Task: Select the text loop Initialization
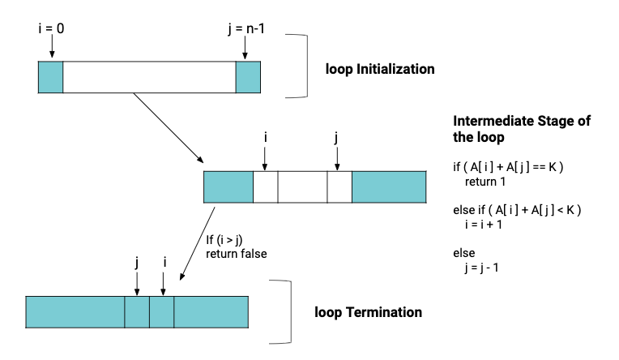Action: (x=380, y=69)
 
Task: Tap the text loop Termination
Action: (x=368, y=311)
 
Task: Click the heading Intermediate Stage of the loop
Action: (x=521, y=129)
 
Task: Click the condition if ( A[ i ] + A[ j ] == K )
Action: (x=508, y=167)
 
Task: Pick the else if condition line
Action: (x=518, y=211)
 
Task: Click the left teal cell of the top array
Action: (x=50, y=76)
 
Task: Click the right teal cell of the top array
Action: (x=248, y=76)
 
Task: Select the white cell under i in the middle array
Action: (x=265, y=186)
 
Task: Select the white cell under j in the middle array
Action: (x=339, y=186)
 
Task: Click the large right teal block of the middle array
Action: (x=389, y=186)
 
